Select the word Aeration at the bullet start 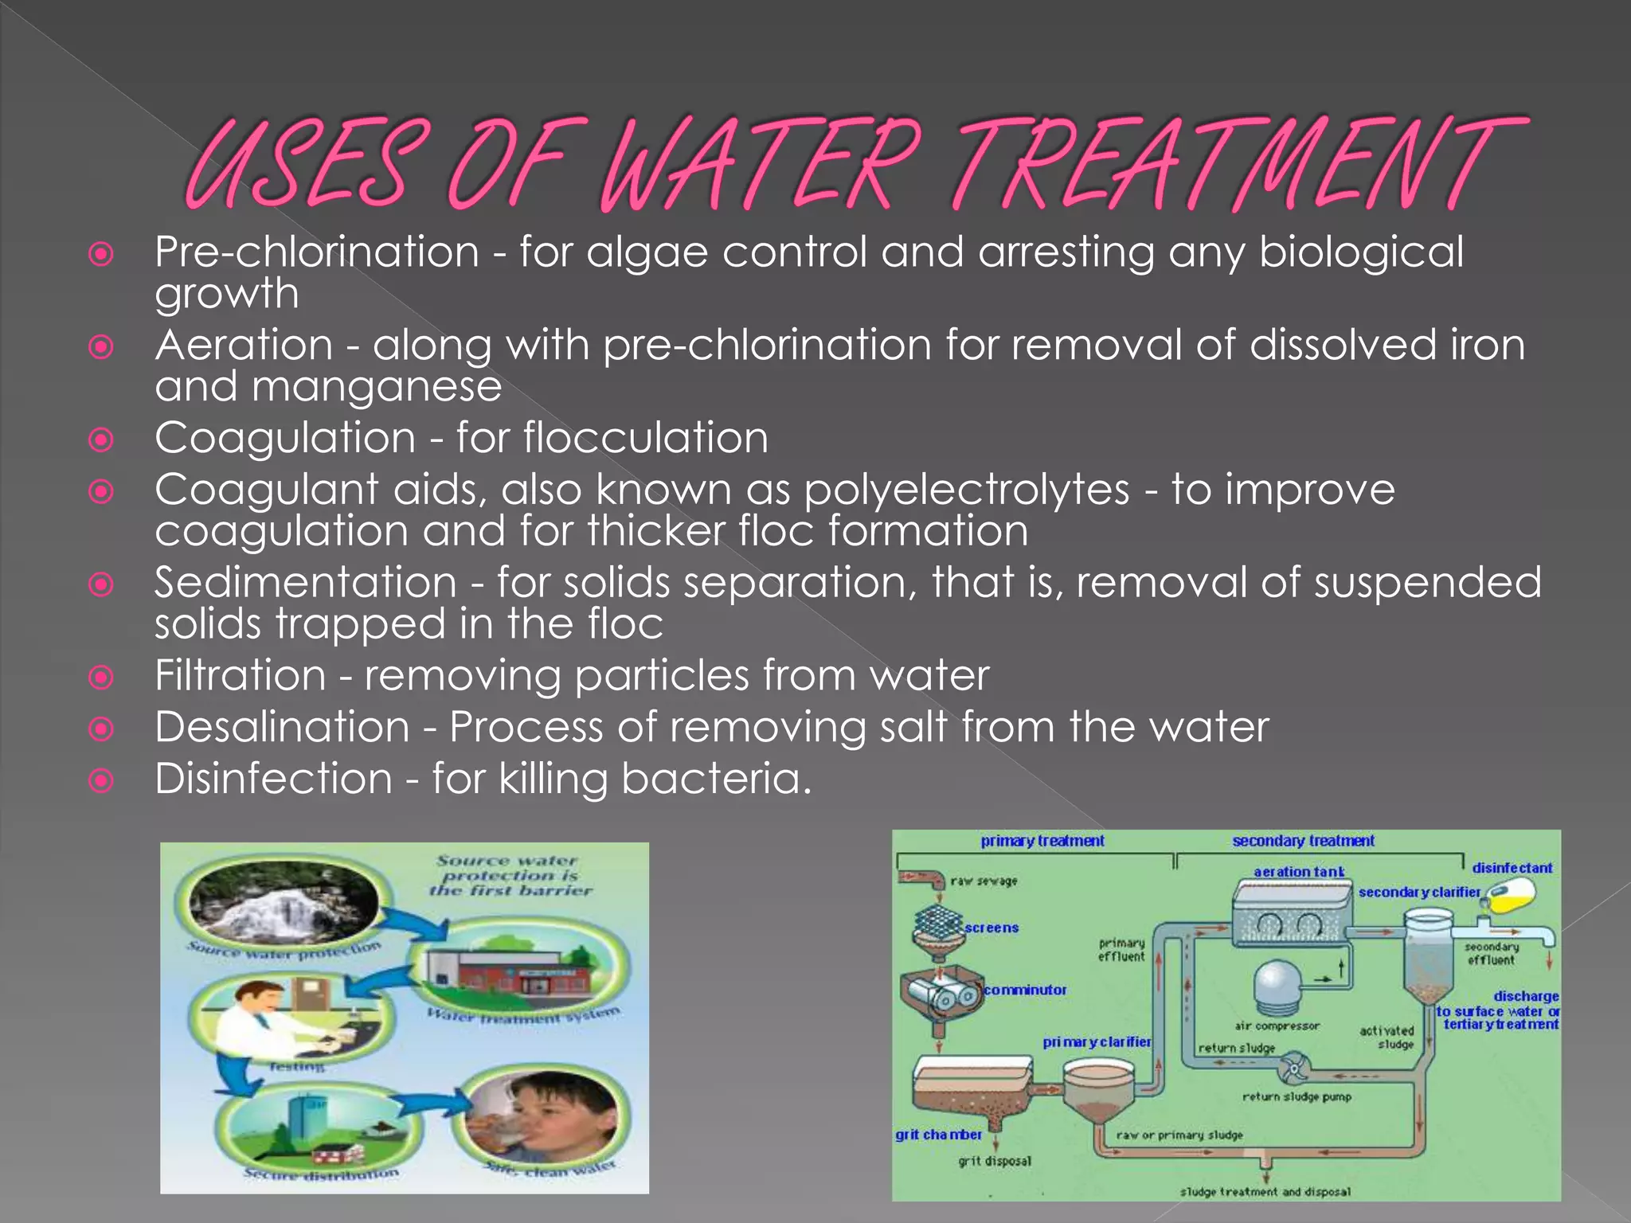pos(244,346)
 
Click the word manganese pos(377,388)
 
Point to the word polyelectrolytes pos(967,490)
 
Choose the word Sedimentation pos(306,583)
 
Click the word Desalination pos(282,728)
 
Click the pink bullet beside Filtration pos(101,678)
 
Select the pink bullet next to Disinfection pos(101,781)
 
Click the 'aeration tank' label pos(1299,872)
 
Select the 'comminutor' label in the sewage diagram pos(1025,990)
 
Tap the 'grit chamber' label pos(938,1134)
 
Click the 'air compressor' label pos(1277,1026)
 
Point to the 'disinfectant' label pos(1512,868)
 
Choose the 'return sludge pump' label pos(1297,1097)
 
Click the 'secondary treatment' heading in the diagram pos(1303,841)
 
